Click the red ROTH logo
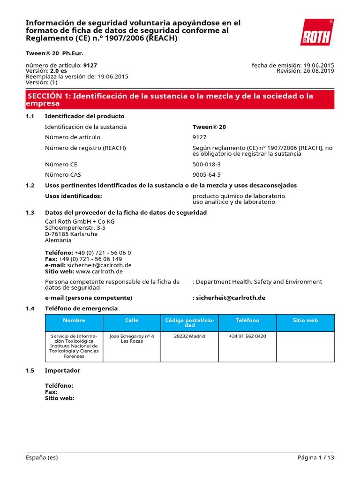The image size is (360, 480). coord(317,32)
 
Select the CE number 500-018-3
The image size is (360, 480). coord(206,165)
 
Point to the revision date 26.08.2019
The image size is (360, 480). coord(318,71)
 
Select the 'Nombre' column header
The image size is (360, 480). coord(74,321)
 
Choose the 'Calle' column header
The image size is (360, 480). coord(132,321)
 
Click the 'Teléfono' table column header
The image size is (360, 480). coord(247,321)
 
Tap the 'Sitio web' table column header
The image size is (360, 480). coord(305,321)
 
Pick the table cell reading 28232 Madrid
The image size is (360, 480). coord(189,336)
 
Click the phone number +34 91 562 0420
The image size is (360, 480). coord(247,336)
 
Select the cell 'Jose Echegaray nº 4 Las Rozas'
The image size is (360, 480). coord(132,338)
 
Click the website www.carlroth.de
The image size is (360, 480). coord(99,271)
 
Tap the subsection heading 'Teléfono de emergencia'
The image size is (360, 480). coord(81,308)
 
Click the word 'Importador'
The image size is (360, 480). coord(62,370)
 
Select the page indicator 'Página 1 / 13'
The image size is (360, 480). coord(316,457)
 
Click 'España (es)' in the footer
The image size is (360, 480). coord(42,457)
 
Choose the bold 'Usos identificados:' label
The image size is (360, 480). coord(73,196)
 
